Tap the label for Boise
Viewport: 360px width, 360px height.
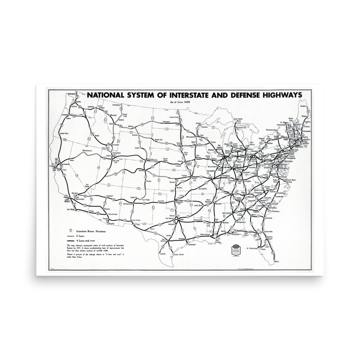click(x=97, y=135)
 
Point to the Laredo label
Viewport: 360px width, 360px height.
click(x=163, y=253)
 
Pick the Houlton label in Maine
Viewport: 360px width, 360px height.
click(x=303, y=106)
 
